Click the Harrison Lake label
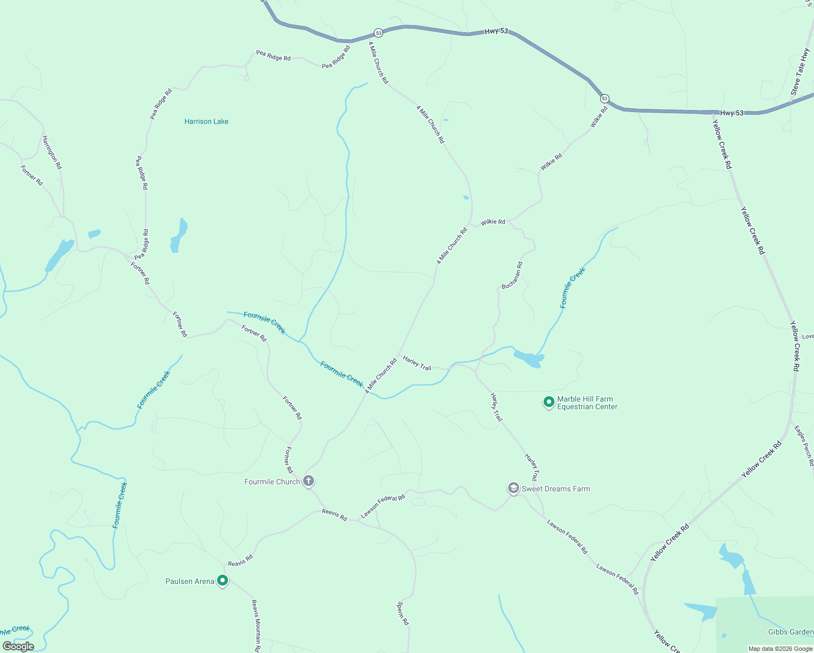tap(206, 121)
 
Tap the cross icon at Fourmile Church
tap(309, 480)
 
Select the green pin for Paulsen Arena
tap(222, 581)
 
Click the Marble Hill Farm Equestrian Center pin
tap(548, 402)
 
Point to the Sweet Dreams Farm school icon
tap(513, 488)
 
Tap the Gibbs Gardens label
tap(791, 632)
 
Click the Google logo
tap(18, 646)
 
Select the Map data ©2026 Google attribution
tap(780, 649)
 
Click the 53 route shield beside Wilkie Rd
tap(605, 98)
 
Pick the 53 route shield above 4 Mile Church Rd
tap(379, 33)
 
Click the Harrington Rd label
tap(52, 152)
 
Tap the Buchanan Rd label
tap(512, 275)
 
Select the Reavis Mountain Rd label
tap(256, 626)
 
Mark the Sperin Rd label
tap(403, 613)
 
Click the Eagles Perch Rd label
tap(804, 446)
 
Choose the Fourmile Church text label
tap(272, 482)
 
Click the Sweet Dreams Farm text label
tap(556, 489)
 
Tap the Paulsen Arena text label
tap(190, 581)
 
